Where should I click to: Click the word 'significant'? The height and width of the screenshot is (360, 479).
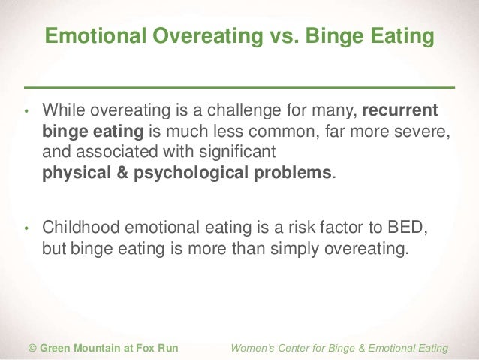[x=234, y=153]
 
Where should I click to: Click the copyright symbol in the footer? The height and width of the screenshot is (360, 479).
[x=32, y=348]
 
